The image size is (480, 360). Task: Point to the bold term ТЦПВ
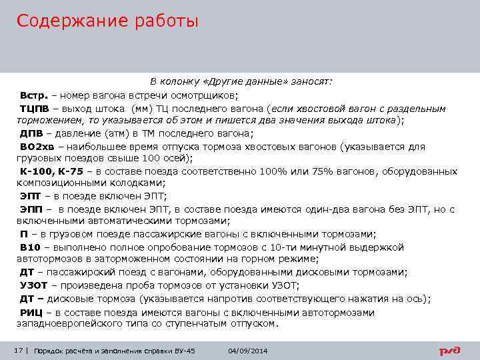click(x=33, y=107)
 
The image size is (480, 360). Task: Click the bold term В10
click(x=30, y=247)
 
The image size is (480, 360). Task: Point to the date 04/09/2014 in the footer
click(x=247, y=351)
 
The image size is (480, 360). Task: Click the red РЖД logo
click(x=450, y=351)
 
